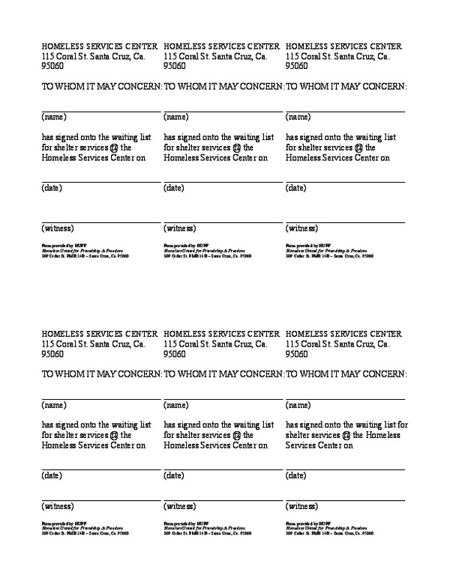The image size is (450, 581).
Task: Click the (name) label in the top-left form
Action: pos(54,117)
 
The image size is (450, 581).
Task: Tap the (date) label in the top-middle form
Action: pos(175,188)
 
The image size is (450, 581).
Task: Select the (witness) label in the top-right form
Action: pos(301,228)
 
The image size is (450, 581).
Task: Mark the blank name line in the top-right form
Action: pos(345,111)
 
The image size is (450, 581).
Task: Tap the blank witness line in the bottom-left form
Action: pos(100,499)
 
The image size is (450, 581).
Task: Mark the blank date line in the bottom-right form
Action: pos(345,469)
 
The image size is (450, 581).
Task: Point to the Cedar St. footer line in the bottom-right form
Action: pos(328,533)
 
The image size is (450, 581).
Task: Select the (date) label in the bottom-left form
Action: pos(52,475)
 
